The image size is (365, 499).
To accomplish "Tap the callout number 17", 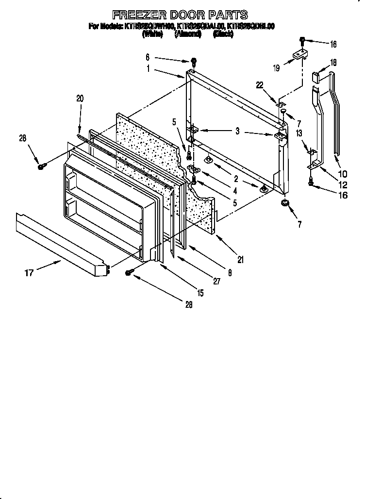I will [29, 273].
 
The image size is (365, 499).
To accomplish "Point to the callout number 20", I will [80, 99].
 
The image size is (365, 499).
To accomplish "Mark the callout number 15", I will [200, 293].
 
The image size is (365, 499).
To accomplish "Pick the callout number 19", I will [276, 68].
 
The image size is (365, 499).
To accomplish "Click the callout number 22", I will [260, 85].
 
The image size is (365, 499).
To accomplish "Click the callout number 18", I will [333, 63].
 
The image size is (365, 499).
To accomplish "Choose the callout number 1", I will [149, 69].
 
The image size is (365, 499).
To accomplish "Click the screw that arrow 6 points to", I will [194, 62].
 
